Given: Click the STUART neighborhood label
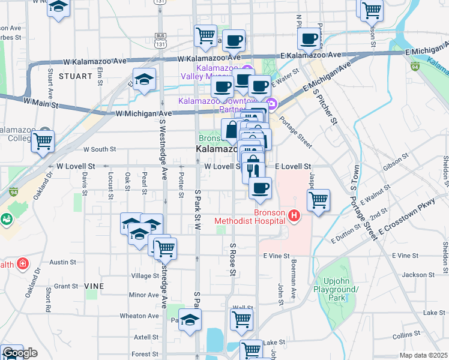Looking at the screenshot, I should click(76, 76).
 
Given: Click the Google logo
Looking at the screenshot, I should click(19, 353).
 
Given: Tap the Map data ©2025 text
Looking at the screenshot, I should click(424, 355).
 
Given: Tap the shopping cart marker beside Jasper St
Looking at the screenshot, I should click(318, 200).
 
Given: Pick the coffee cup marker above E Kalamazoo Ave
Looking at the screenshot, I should click(309, 39).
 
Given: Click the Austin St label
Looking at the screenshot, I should click(62, 262).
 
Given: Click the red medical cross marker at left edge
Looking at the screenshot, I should click(23, 263).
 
